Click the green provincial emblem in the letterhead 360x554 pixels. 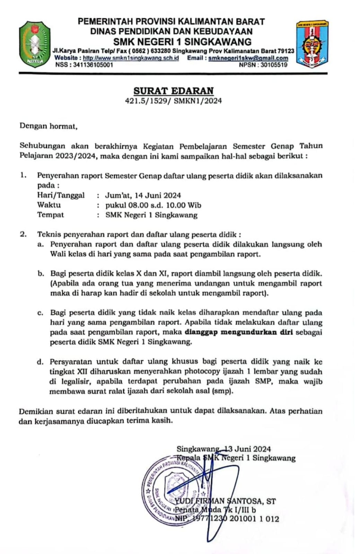35,44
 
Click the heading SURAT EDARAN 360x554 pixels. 174,91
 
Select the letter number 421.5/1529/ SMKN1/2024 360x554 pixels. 174,101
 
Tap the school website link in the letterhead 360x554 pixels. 131,58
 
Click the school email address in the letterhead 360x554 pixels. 248,58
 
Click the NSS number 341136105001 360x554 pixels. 93,64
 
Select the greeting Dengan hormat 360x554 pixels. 48,126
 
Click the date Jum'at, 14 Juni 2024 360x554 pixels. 143,195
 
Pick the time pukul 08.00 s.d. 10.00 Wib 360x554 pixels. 153,205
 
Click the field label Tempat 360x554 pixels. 51,214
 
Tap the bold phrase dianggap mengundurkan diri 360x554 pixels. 239,332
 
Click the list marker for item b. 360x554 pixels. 41,274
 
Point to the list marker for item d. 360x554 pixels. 41,362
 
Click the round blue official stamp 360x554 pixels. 173,489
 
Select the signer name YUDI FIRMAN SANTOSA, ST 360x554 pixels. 225,501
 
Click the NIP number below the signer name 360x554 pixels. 227,519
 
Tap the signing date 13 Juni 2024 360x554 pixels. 248,449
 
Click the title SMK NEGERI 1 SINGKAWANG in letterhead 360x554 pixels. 182,42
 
